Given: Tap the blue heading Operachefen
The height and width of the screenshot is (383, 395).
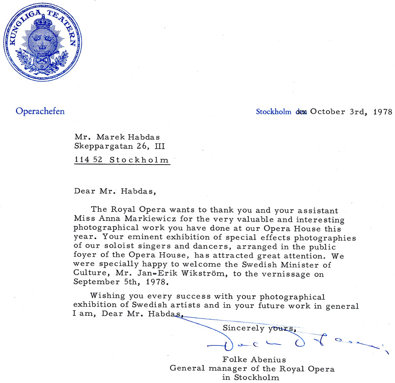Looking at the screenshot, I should point(40,111).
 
